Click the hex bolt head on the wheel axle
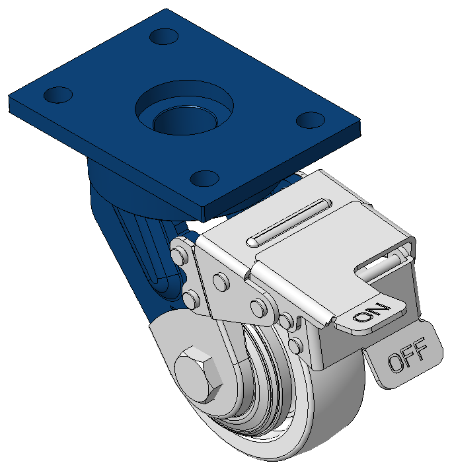tap(198, 374)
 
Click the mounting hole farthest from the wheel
tap(164, 36)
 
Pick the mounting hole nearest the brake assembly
tap(205, 178)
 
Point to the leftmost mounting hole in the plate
tap(58, 95)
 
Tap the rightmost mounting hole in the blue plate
tap(311, 120)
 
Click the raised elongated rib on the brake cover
tap(289, 221)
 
